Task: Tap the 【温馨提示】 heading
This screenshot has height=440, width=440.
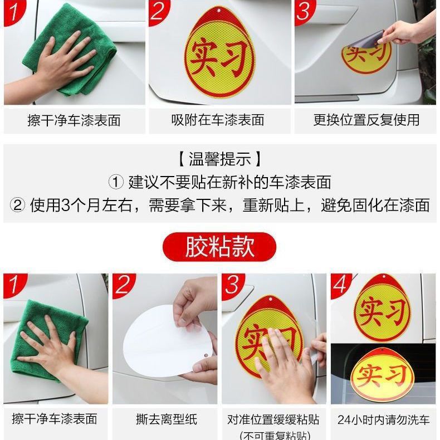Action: point(219,159)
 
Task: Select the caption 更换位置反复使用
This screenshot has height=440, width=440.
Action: point(366,120)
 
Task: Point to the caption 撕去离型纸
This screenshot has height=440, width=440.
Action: point(167,419)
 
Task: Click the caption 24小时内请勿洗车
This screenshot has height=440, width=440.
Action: point(383,419)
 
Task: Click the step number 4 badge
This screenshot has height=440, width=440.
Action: point(341,285)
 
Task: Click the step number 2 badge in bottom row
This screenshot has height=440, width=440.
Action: point(123,285)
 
